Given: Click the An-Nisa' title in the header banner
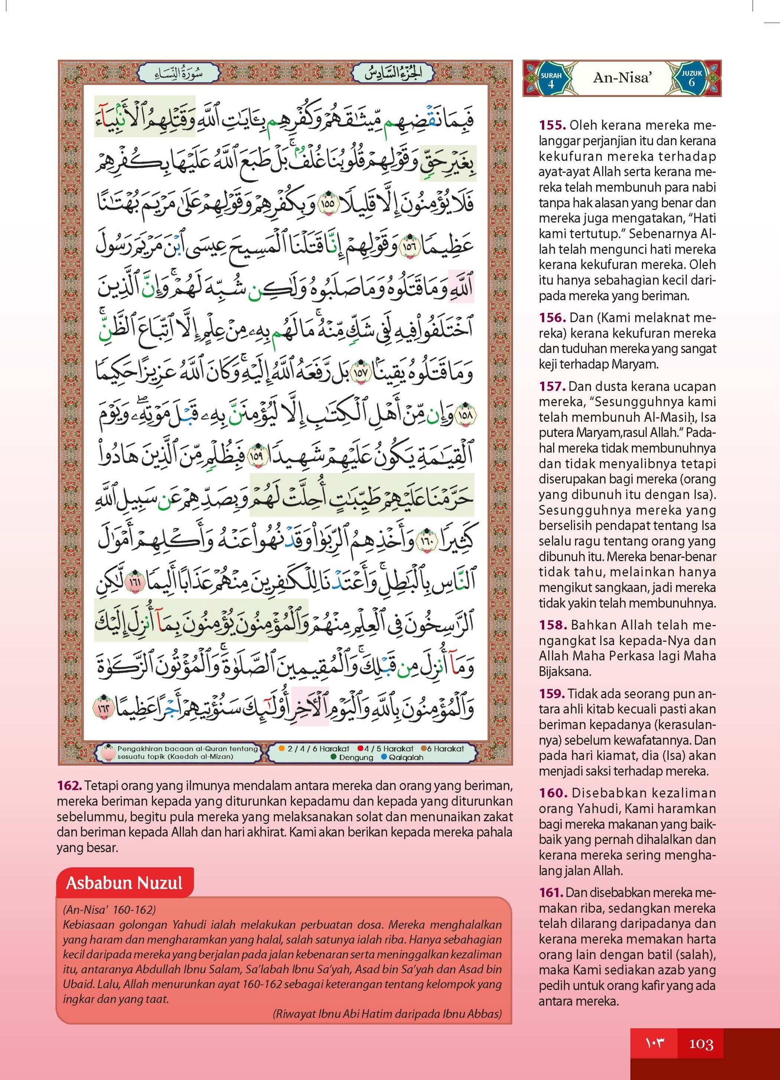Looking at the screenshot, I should click(621, 78).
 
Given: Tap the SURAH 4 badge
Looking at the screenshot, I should click(551, 79).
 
